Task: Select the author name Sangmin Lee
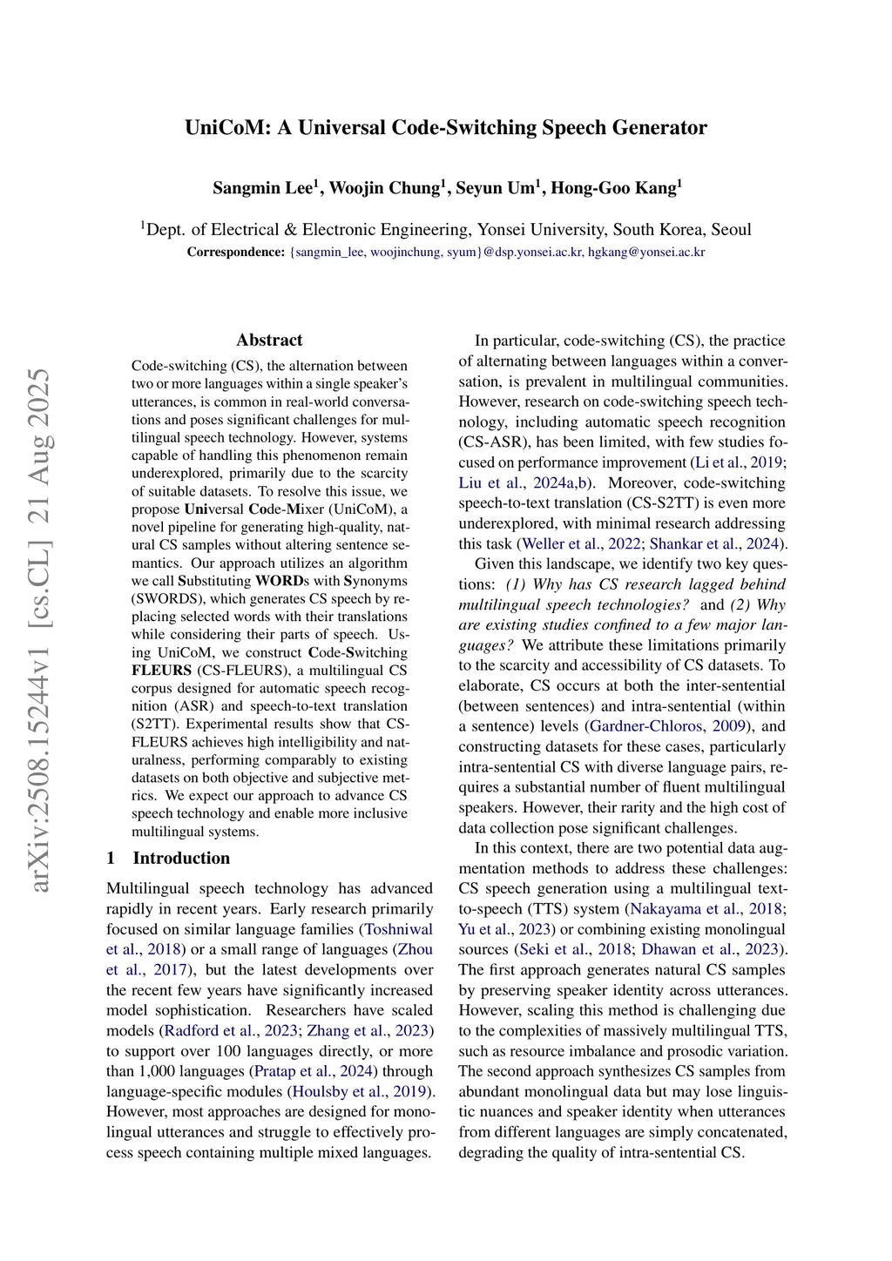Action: (x=262, y=188)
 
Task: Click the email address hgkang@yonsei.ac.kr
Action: (x=646, y=253)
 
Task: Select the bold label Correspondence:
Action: (x=235, y=253)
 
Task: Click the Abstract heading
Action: (x=269, y=341)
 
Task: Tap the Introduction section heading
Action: (x=181, y=858)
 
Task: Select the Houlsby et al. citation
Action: (x=335, y=1091)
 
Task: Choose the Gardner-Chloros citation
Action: (x=645, y=726)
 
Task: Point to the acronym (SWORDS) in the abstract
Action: (x=165, y=599)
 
